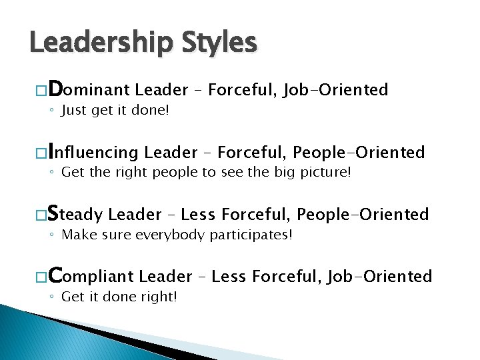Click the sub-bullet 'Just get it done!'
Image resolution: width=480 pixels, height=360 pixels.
click(115, 111)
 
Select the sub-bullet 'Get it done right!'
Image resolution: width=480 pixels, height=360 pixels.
click(119, 297)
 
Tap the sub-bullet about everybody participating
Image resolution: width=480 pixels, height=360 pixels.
click(177, 235)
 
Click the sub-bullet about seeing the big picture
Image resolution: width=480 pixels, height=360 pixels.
click(205, 173)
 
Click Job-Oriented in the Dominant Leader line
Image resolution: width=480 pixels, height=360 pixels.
click(335, 90)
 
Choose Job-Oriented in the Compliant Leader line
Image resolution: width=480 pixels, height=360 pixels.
click(379, 276)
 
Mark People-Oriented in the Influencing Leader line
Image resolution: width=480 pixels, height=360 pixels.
click(359, 153)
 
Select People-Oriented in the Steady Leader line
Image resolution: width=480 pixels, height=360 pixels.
click(363, 215)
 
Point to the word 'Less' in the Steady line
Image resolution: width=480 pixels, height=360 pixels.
click(198, 215)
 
